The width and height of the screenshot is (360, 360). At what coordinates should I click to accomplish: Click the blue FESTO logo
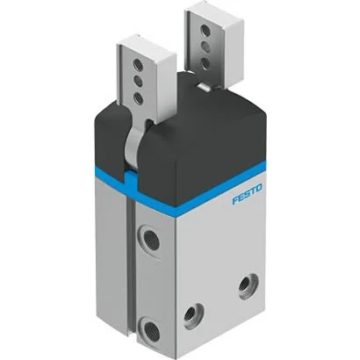(x=248, y=194)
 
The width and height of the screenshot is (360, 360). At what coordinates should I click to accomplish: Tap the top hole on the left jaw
(x=138, y=65)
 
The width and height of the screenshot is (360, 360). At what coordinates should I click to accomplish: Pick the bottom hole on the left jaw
(x=138, y=98)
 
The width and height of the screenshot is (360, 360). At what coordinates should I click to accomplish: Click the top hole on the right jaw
(x=205, y=31)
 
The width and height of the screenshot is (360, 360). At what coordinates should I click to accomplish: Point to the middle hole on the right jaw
(x=205, y=47)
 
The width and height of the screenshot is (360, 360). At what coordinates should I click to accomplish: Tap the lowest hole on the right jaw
(x=205, y=63)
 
